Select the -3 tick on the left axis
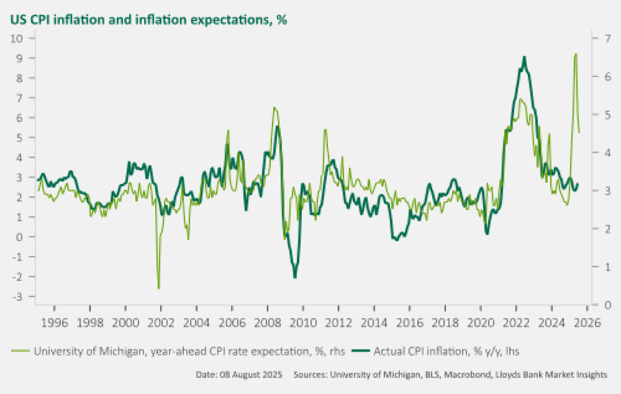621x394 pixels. [x=24, y=296]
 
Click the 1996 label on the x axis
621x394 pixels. [x=54, y=322]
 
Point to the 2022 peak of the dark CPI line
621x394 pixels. [x=524, y=57]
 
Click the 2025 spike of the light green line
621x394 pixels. [x=575, y=54]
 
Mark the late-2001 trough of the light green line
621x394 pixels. [x=159, y=289]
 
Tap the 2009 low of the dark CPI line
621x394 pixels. [x=294, y=277]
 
